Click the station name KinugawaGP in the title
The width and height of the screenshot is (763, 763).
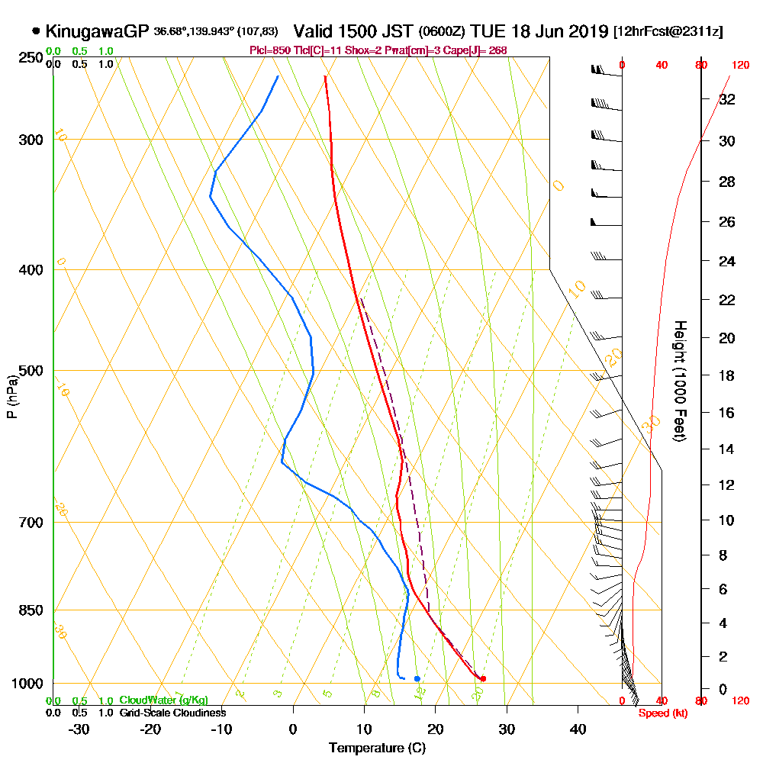click(98, 31)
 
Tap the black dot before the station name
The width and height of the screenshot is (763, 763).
click(36, 31)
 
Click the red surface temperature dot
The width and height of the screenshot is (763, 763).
click(483, 678)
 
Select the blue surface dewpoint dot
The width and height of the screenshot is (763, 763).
click(417, 678)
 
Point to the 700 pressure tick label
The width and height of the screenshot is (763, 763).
click(32, 523)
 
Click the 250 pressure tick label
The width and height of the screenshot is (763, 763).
click(32, 58)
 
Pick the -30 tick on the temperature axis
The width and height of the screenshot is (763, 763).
click(79, 729)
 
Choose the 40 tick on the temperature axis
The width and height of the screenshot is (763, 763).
click(578, 729)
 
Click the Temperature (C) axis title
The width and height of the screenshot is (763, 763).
click(377, 748)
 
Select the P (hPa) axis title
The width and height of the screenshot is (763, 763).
click(11, 396)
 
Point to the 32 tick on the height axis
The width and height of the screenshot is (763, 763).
click(728, 99)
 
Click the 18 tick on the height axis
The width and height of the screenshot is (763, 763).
click(728, 375)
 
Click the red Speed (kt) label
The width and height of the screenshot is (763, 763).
click(661, 713)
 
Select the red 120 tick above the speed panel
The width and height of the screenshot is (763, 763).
click(739, 66)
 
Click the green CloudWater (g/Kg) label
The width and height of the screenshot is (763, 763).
click(163, 700)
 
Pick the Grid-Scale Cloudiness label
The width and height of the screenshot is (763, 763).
click(172, 713)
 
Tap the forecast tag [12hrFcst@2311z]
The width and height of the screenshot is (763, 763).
click(668, 32)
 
